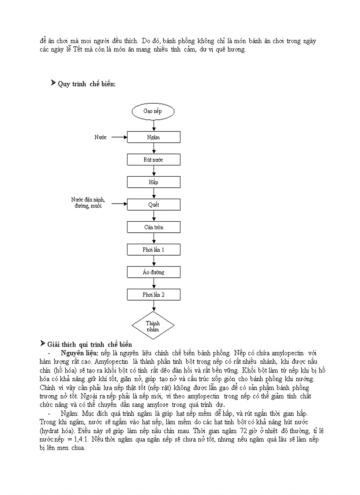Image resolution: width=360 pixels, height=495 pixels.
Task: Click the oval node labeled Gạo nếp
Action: click(153, 111)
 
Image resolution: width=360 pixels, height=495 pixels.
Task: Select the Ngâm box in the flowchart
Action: click(154, 137)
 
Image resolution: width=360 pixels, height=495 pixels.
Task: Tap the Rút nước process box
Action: click(154, 160)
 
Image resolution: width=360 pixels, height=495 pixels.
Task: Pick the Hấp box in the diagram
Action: click(154, 182)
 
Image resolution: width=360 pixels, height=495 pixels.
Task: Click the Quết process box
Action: click(154, 205)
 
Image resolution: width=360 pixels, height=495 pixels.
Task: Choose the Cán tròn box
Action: click(154, 227)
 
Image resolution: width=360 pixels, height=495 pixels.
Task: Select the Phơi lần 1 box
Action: click(154, 249)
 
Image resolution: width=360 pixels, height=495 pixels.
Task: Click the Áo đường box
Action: click(154, 272)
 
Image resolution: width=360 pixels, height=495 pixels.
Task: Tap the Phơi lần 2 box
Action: click(154, 294)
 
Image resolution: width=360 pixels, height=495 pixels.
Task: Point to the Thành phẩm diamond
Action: click(153, 326)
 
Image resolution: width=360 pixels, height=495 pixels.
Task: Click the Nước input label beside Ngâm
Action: click(101, 137)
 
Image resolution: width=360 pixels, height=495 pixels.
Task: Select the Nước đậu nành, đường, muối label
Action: click(88, 203)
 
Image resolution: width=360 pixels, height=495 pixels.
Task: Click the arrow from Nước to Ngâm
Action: click(119, 137)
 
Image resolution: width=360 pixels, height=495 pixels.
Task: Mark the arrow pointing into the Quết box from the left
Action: click(119, 204)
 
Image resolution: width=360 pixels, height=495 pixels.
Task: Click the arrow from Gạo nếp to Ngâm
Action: click(154, 125)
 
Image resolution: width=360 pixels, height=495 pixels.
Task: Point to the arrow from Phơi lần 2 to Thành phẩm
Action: click(154, 306)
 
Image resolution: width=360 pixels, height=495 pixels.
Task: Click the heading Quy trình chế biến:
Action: click(86, 84)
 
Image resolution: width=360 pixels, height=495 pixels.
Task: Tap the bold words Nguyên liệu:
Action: click(80, 353)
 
